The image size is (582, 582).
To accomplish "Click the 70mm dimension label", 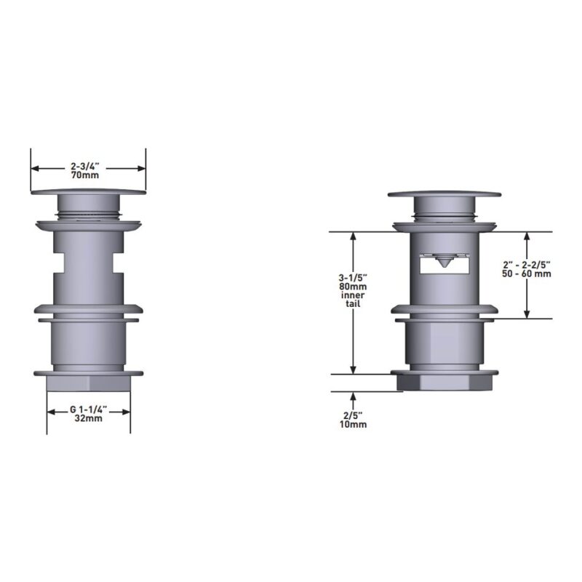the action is [x=85, y=175].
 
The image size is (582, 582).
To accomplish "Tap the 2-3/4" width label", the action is [x=85, y=167].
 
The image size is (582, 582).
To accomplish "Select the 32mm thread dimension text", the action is [x=88, y=418].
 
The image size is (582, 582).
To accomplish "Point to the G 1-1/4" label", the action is [x=88, y=410].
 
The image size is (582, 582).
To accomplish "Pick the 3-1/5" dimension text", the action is [x=353, y=278].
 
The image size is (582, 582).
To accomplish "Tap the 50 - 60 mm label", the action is [x=526, y=274].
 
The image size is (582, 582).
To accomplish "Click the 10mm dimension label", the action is [x=353, y=424].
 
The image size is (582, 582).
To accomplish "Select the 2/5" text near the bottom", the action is [x=353, y=415].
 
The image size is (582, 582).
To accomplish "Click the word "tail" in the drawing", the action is [x=353, y=303].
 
